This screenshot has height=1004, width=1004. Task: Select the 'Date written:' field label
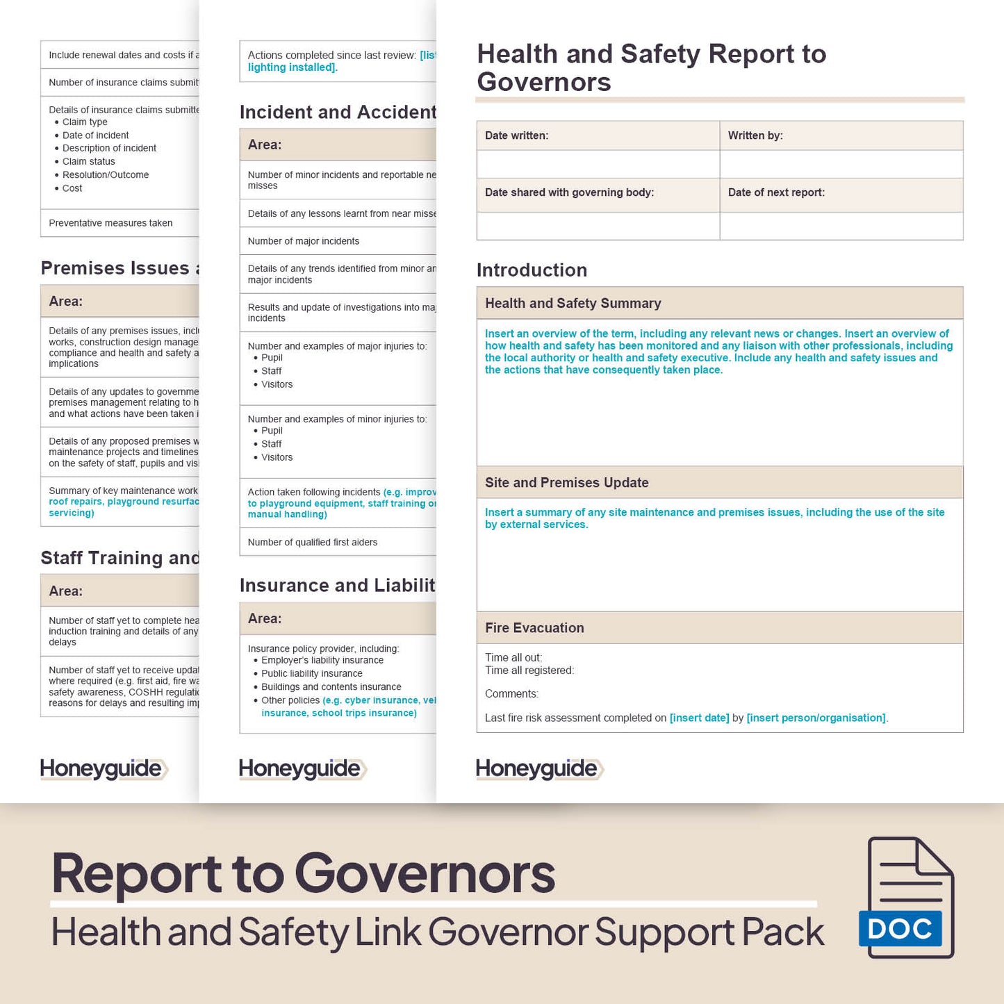pyautogui.click(x=516, y=135)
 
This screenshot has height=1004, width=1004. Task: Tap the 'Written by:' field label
pyautogui.click(x=755, y=135)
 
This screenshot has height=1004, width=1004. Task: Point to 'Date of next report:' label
pyautogui.click(x=776, y=192)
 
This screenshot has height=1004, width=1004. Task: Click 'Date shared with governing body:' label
pyautogui.click(x=569, y=192)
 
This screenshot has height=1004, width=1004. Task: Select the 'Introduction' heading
pyautogui.click(x=532, y=270)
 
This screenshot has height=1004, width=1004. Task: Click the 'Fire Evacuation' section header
pyautogui.click(x=534, y=628)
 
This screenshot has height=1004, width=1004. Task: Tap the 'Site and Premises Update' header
pyautogui.click(x=566, y=483)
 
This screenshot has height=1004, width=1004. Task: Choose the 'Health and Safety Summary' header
pyautogui.click(x=573, y=304)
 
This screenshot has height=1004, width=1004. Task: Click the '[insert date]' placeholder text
pyautogui.click(x=699, y=718)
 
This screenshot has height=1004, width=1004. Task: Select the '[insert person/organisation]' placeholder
pyautogui.click(x=816, y=718)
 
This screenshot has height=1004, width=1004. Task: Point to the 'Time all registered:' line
pyautogui.click(x=529, y=670)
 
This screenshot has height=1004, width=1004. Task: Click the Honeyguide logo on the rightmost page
pyautogui.click(x=539, y=768)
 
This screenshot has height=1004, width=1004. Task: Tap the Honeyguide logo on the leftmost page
pyautogui.click(x=104, y=768)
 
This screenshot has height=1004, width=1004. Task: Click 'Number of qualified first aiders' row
pyautogui.click(x=313, y=543)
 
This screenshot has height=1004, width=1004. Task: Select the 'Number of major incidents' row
pyautogui.click(x=304, y=241)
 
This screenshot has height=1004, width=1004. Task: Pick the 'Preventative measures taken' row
pyautogui.click(x=110, y=223)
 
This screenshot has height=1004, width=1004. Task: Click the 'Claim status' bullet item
pyautogui.click(x=88, y=161)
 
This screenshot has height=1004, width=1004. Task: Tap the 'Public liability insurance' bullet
pyautogui.click(x=312, y=673)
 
